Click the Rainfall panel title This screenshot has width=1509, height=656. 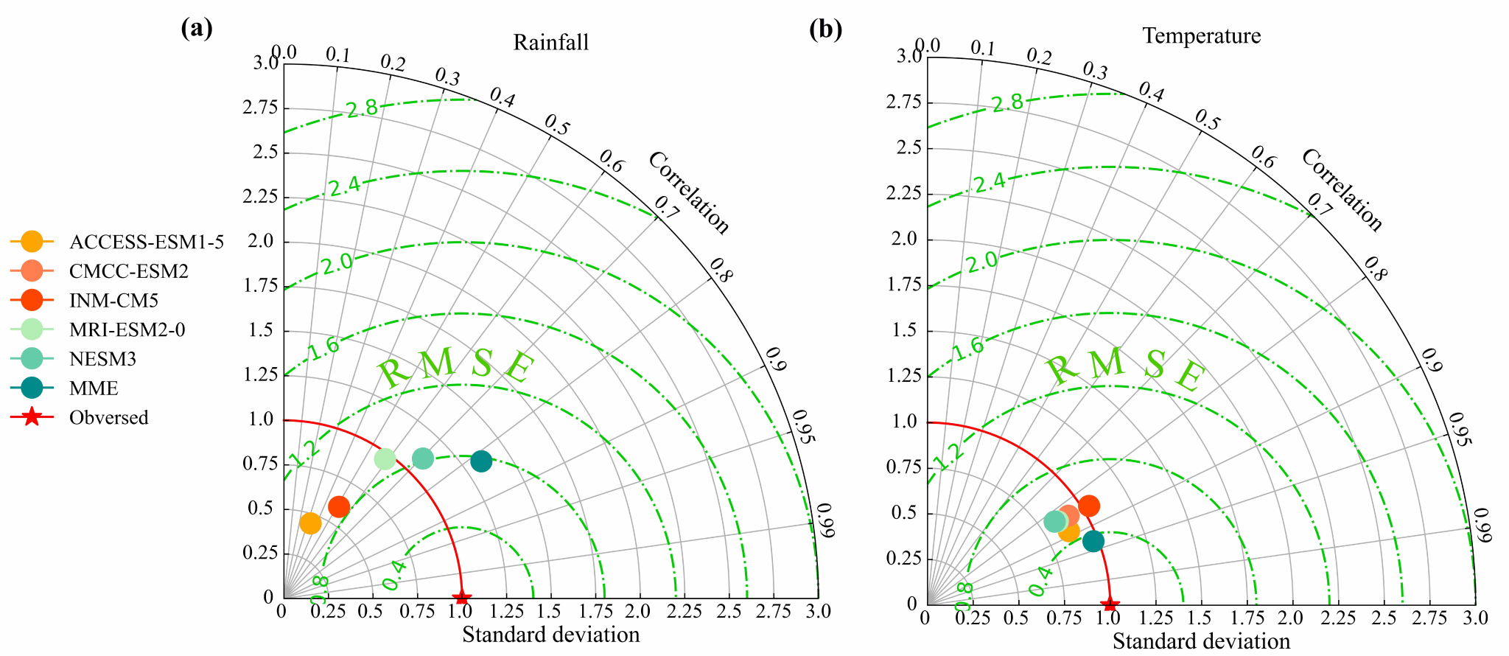point(551,43)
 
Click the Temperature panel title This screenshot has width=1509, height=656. point(1202,36)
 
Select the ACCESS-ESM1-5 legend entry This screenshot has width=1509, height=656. point(146,242)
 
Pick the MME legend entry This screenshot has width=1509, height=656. point(94,388)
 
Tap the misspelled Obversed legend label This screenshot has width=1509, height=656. point(109,418)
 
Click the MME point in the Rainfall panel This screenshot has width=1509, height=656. point(480,461)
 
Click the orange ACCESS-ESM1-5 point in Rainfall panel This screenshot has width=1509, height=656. point(311,523)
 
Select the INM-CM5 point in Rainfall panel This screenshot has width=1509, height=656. point(339,506)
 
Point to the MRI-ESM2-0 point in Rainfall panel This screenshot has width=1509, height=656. point(385,458)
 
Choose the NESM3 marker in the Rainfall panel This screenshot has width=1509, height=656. point(422,458)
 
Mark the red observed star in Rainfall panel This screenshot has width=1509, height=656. point(461,597)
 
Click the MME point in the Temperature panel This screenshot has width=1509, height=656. point(1093,541)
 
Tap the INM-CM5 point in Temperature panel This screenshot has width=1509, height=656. point(1088,506)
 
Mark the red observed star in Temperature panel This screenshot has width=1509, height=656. point(1110,604)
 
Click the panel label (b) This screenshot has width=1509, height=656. point(825,29)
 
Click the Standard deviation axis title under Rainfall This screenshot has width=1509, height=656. point(551,635)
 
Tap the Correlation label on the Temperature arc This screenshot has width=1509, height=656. point(1342,190)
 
